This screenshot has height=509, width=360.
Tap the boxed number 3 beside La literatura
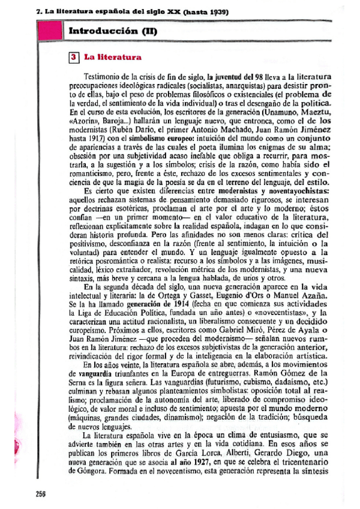pos(73,58)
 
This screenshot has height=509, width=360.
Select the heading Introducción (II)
pos(113,31)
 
